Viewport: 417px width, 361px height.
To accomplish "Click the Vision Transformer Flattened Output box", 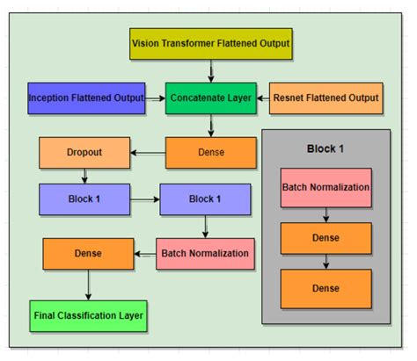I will (x=210, y=42).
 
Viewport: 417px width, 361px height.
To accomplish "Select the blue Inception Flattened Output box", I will (x=85, y=97).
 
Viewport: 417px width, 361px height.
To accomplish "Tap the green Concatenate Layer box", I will (x=210, y=97).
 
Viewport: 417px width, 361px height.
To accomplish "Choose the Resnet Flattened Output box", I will (x=326, y=97).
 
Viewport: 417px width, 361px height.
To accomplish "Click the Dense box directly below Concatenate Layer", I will (x=210, y=152).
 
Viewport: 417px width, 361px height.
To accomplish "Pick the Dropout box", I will (x=84, y=152).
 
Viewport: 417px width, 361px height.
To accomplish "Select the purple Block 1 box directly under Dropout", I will (x=84, y=200).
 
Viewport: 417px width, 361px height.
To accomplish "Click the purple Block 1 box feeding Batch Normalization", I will (x=204, y=200).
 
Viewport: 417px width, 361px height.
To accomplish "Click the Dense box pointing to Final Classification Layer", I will (x=88, y=254).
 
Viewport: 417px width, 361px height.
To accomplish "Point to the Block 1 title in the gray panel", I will (x=326, y=148).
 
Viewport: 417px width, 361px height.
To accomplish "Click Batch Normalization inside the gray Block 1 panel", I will (x=326, y=187).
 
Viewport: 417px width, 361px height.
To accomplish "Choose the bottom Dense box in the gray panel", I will (x=326, y=288).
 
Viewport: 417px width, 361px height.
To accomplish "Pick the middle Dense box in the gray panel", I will (x=326, y=237).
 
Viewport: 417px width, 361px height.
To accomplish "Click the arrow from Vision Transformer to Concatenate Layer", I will (x=210, y=69).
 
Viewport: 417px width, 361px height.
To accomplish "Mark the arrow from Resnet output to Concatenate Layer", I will (x=262, y=97).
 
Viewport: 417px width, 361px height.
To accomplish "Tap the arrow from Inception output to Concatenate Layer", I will (x=155, y=97).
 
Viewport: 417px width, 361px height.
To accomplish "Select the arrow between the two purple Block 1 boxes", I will (x=143, y=200).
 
